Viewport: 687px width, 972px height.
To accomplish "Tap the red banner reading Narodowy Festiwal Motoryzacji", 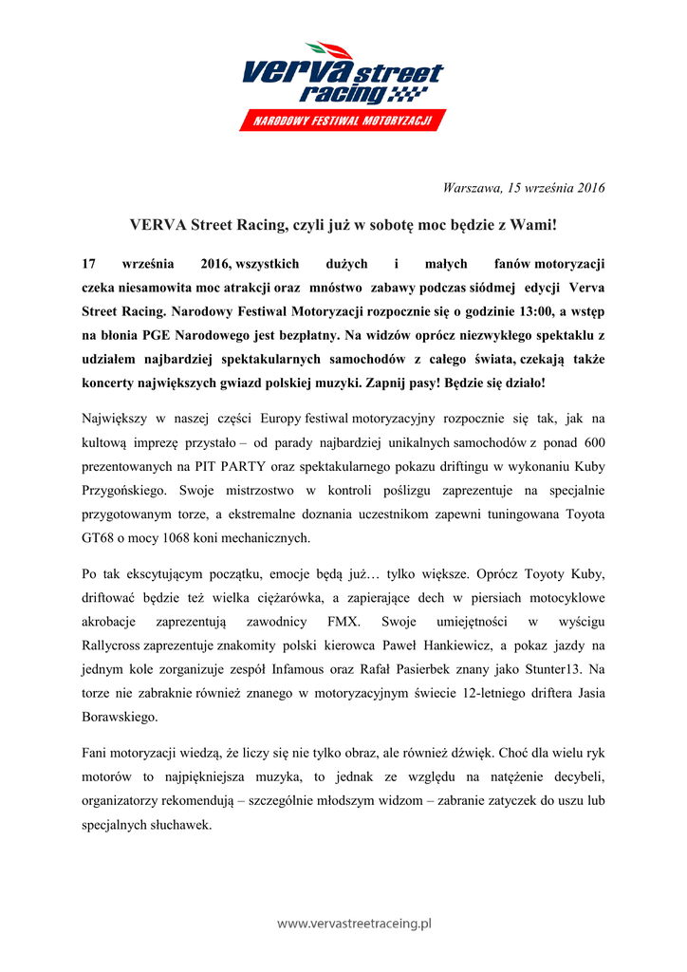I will tap(343, 121).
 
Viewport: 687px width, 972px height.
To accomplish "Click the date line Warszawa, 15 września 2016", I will tap(524, 187).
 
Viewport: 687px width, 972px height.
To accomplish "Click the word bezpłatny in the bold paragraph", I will tap(305, 334).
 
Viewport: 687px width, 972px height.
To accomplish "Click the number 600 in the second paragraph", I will tap(590, 442).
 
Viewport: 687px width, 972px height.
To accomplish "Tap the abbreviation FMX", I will tap(344, 622).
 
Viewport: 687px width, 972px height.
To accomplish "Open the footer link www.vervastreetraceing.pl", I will tap(354, 922).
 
